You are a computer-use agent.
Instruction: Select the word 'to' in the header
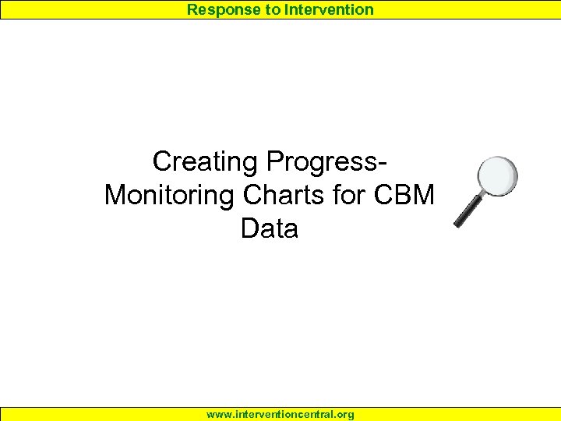point(270,9)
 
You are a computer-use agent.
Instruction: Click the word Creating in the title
point(206,162)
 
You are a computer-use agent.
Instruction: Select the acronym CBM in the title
point(404,195)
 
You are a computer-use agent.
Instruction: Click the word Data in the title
point(270,228)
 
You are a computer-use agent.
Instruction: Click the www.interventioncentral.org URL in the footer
point(280,414)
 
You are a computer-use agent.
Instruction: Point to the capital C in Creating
point(163,162)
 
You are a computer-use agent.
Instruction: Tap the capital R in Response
point(192,9)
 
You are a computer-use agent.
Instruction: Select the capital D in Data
point(250,228)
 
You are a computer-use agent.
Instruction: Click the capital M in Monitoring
point(117,195)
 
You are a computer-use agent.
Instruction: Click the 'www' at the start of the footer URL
point(217,414)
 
